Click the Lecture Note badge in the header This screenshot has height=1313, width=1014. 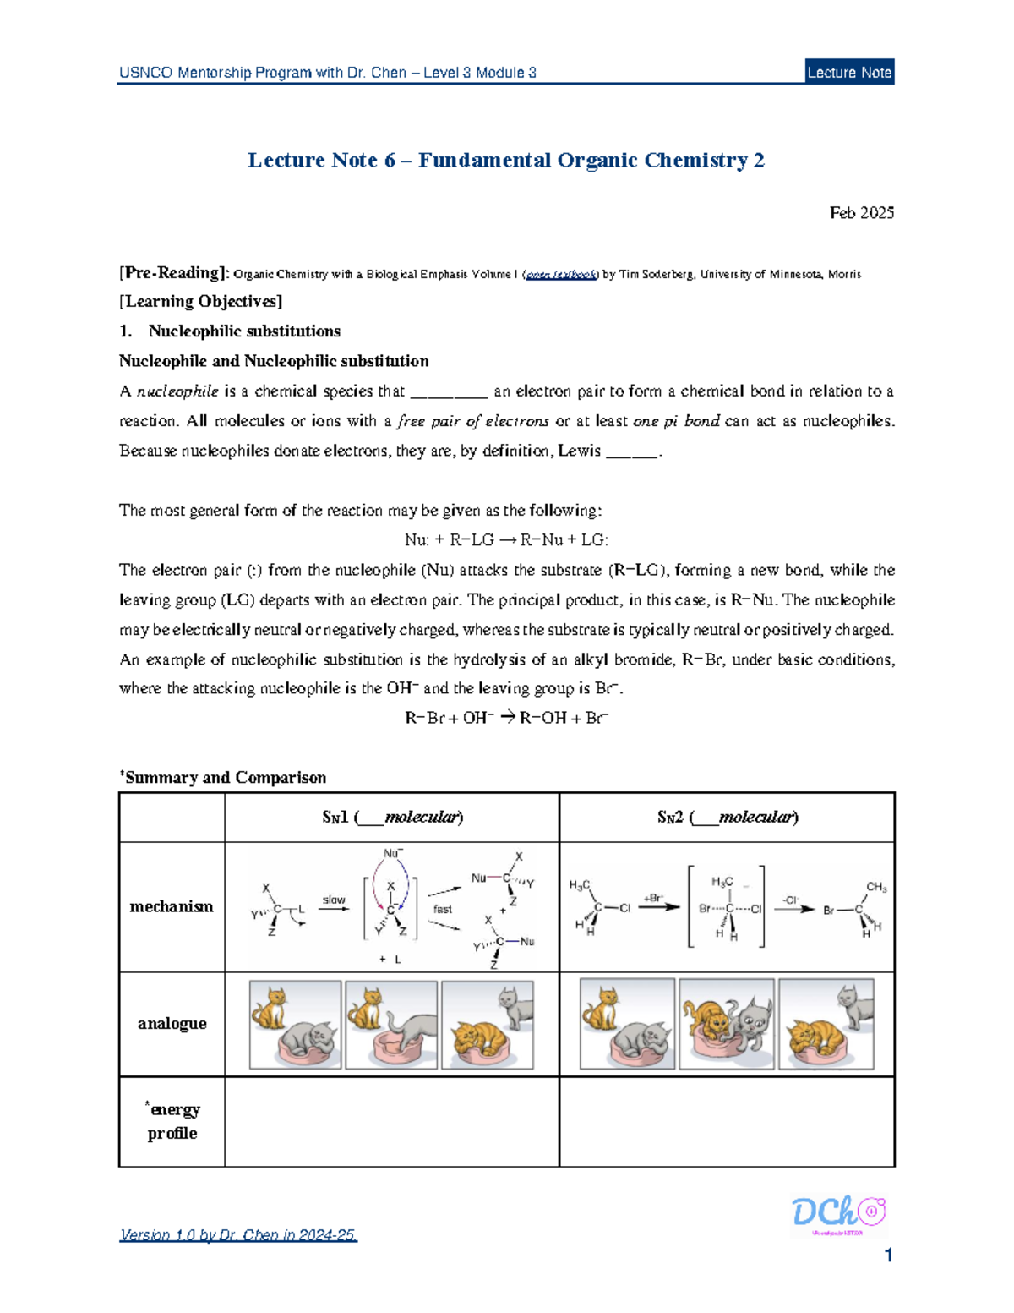tap(849, 73)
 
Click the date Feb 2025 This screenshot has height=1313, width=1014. tap(861, 213)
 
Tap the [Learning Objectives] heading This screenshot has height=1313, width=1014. tap(201, 302)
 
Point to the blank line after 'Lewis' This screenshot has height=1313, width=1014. tap(631, 452)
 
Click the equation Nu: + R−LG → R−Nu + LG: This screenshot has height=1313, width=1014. tap(506, 540)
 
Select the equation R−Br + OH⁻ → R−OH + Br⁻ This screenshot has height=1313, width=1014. tap(506, 719)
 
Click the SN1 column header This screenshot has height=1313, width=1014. tap(392, 818)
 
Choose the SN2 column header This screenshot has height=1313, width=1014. tap(728, 818)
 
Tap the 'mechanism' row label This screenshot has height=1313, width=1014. tap(172, 907)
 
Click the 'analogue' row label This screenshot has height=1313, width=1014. tap(172, 1024)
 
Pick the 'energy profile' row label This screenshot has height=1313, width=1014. tap(172, 1121)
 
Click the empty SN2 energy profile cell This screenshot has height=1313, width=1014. tap(727, 1121)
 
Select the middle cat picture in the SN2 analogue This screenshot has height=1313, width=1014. tap(726, 1024)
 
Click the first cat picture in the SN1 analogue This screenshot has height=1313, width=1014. tap(296, 1024)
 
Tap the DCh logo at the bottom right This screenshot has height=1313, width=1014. tap(837, 1215)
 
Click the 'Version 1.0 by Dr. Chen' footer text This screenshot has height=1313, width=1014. tap(239, 1235)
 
